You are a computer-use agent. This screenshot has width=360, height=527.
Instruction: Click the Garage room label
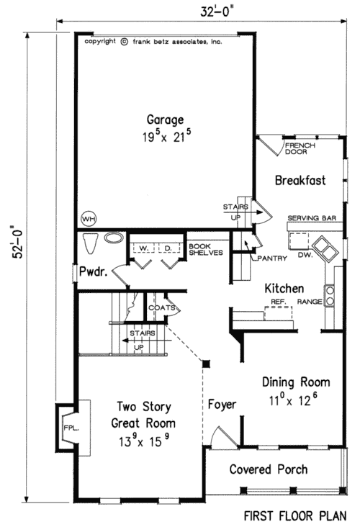[166, 120]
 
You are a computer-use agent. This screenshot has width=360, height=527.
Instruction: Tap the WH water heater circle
[89, 218]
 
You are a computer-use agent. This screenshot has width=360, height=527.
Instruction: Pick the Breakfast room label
[301, 181]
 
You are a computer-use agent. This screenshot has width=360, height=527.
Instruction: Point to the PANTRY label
[274, 258]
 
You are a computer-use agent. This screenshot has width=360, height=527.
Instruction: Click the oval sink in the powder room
[114, 237]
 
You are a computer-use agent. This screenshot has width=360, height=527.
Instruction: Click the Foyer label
[222, 405]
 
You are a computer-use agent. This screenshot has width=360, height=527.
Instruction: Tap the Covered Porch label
[268, 469]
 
